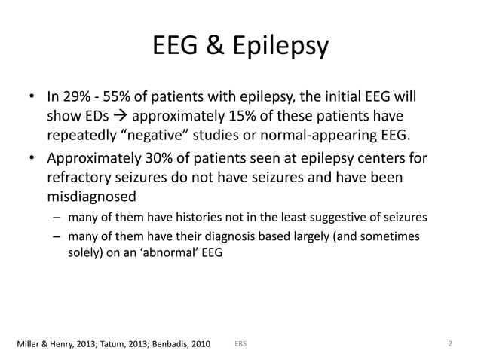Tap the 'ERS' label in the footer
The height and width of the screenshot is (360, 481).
tap(240, 344)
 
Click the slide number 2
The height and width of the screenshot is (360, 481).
tap(449, 344)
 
